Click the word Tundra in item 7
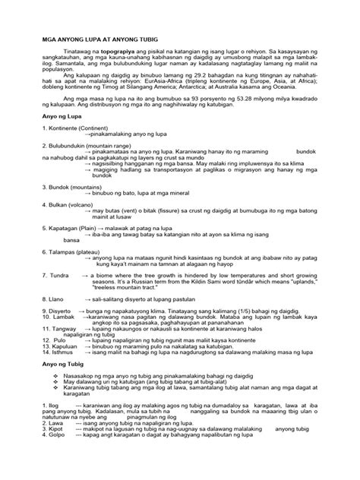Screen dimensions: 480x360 (60, 272)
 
